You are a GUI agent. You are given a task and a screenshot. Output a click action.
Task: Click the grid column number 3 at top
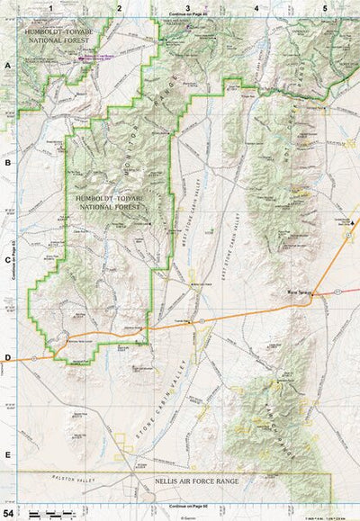(x=187, y=6)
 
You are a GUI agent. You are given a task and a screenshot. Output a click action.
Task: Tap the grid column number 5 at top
(x=324, y=6)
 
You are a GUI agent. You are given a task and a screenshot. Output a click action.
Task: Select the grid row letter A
(x=7, y=66)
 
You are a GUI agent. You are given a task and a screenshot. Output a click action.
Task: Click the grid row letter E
(x=7, y=455)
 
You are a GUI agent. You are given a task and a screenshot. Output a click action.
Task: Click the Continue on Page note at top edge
(x=186, y=15)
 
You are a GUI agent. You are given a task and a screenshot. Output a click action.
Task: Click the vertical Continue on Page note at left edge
(x=15, y=256)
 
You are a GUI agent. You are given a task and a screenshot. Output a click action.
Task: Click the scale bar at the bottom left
(x=50, y=514)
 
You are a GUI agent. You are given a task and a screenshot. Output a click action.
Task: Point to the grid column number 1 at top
(x=51, y=6)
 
